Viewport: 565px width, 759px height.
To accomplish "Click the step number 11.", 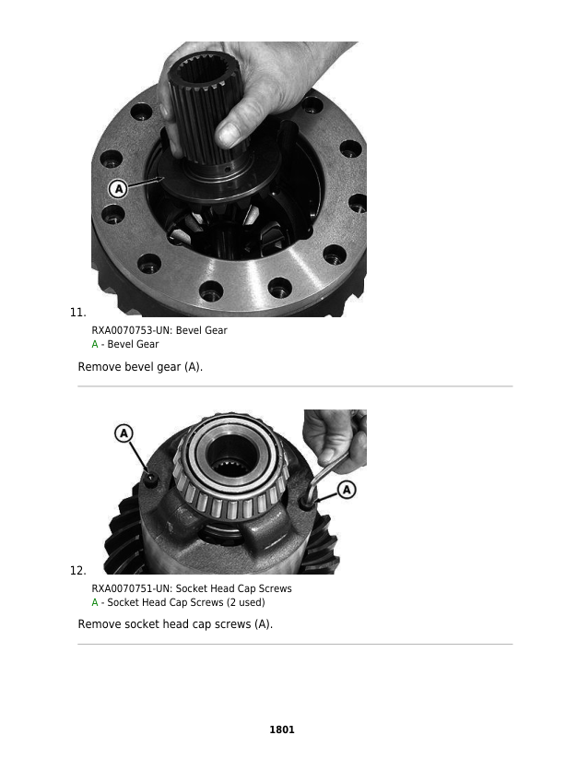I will click(x=78, y=312).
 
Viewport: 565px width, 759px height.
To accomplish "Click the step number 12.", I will click(x=78, y=570).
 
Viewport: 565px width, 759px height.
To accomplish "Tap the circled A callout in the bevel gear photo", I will click(x=117, y=189).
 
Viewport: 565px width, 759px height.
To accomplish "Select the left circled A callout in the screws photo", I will click(x=124, y=433).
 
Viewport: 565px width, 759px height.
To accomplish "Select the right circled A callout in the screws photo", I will click(x=347, y=490).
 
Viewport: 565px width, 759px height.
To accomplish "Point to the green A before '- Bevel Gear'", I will click(x=95, y=344).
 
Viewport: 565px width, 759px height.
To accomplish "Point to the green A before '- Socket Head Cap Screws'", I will click(x=95, y=602).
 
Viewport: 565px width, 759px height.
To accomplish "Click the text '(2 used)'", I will click(x=245, y=602).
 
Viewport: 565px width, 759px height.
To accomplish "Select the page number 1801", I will click(x=282, y=729).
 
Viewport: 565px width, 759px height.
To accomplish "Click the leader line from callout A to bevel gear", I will click(x=144, y=184).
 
